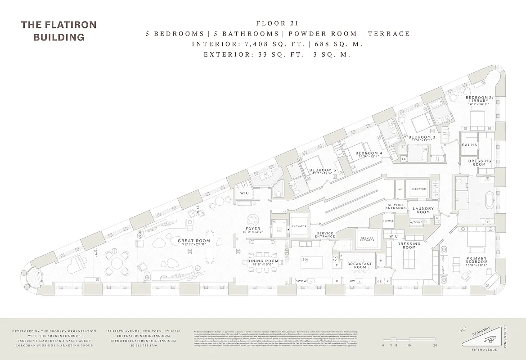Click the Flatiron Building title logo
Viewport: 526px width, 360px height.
point(59,31)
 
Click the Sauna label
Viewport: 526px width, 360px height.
point(469,145)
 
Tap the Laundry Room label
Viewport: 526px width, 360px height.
point(423,210)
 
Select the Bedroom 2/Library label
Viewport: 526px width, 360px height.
point(479,100)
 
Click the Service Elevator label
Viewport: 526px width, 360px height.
point(367,239)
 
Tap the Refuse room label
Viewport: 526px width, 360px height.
point(388,221)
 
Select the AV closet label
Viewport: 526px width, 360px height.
point(399,189)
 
